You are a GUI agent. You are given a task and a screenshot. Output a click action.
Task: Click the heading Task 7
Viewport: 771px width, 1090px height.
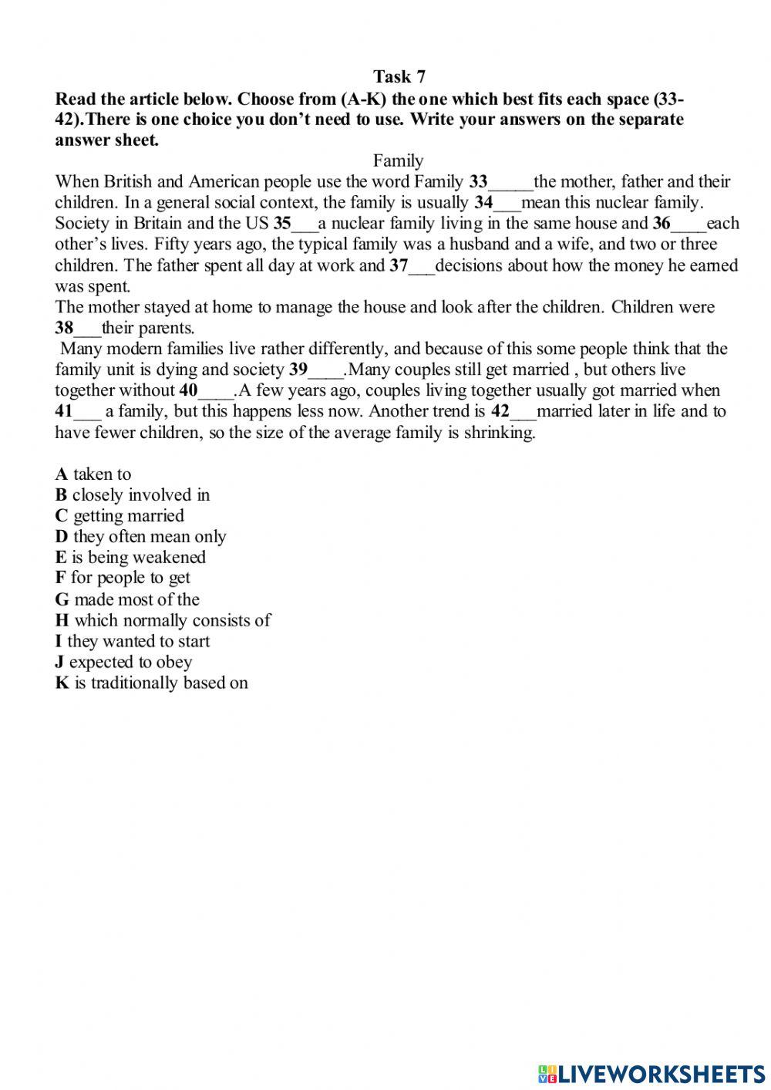point(399,76)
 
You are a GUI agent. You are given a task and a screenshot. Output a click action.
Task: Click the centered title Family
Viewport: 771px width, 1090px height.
point(398,160)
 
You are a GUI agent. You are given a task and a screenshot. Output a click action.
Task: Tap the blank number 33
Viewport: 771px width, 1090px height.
point(510,183)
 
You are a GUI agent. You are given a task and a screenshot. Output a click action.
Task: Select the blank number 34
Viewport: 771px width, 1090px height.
point(507,204)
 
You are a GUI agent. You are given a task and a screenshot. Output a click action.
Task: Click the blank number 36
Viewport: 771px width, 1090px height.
point(688,224)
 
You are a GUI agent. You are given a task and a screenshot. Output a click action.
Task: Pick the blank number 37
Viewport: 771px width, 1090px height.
point(422,266)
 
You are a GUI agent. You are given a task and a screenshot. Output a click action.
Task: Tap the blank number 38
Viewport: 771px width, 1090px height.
point(86,329)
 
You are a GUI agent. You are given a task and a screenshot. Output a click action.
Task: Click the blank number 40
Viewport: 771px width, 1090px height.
point(215,391)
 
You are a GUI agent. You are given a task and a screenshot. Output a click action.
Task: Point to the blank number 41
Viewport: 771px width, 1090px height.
point(86,412)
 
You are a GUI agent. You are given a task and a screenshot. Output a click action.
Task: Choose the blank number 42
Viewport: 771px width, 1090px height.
point(522,412)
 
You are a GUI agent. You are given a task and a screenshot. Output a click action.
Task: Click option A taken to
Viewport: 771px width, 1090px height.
point(93,474)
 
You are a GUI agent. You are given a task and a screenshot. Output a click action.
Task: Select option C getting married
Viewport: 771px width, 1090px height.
point(120,516)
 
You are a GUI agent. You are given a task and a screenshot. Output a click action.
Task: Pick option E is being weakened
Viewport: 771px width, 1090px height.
point(130,558)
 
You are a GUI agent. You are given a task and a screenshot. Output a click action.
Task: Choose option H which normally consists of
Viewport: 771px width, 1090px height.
point(163,621)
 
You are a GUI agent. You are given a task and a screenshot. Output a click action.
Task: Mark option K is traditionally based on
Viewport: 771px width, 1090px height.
point(151,683)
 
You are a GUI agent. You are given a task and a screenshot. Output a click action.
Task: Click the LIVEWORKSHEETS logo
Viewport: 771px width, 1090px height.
point(651,1073)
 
